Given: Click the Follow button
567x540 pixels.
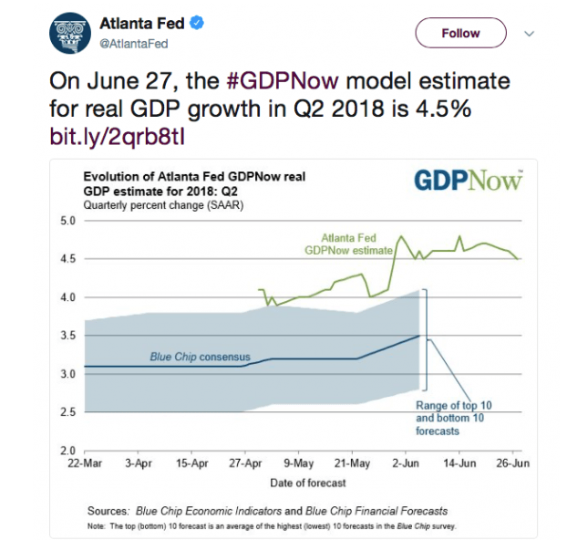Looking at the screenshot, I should [x=460, y=33].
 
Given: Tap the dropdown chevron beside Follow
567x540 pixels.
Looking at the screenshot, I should [x=529, y=33].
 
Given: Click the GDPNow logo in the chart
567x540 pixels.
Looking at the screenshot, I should [x=468, y=179].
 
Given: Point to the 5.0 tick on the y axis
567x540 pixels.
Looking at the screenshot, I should [x=68, y=221].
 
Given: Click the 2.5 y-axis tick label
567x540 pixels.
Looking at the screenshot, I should [x=68, y=412].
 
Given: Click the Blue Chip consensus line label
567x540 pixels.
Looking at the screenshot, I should [x=200, y=357].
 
